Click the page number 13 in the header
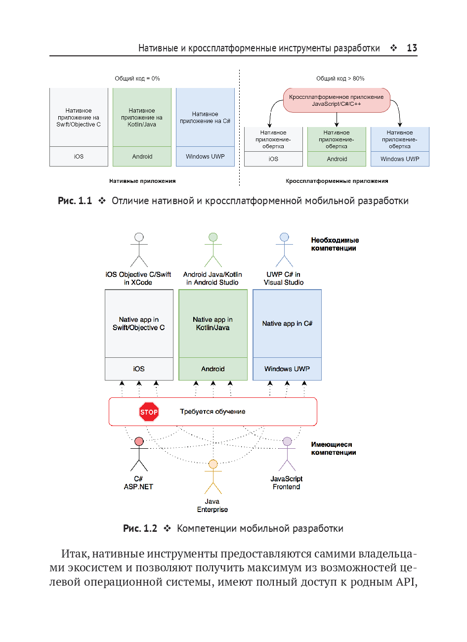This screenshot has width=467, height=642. tap(412, 48)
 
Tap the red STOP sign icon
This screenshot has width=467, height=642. tap(149, 412)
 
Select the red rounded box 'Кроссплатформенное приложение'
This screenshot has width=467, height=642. tap(336, 100)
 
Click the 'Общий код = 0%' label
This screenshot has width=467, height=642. tap(137, 79)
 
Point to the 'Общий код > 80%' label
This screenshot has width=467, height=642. tap(340, 79)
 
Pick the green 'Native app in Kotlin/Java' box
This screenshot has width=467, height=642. tap(212, 324)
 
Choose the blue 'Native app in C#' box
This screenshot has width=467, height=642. tap(287, 324)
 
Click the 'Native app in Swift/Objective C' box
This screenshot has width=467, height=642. tap(139, 324)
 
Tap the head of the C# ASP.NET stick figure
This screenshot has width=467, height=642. tap(139, 441)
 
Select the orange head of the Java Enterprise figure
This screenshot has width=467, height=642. tap(213, 464)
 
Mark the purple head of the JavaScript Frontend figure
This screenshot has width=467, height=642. tap(287, 441)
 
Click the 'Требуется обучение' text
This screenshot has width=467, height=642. tap(212, 412)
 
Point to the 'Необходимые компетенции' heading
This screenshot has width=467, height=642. tap(335, 244)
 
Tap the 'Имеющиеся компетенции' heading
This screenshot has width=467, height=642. tap(334, 448)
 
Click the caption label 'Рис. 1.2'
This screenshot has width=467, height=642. tap(140, 529)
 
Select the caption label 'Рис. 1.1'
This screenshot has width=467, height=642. tap(75, 201)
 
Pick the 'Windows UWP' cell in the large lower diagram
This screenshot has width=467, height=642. tap(287, 369)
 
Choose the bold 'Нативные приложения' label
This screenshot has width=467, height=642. tap(142, 181)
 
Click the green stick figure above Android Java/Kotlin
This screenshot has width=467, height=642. tap(213, 250)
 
